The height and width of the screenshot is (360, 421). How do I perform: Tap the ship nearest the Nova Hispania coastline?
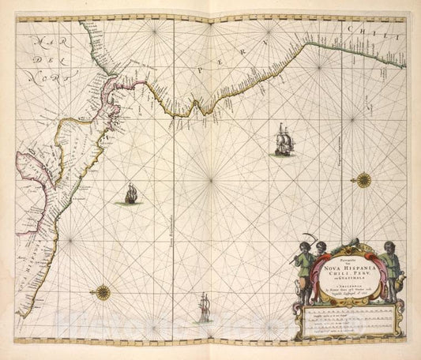tap(130, 193)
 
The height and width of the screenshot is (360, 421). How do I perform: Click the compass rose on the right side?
tap(363, 179)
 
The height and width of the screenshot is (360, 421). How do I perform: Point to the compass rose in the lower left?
tap(103, 293)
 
